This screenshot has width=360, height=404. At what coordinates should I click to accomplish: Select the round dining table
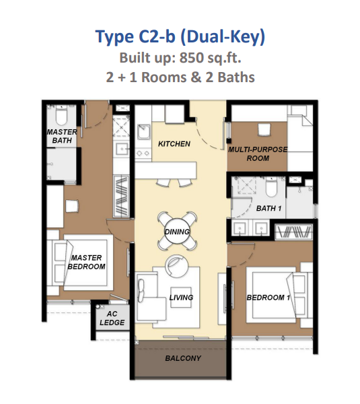click(x=177, y=231)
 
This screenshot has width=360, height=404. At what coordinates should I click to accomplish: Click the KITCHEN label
click(x=174, y=144)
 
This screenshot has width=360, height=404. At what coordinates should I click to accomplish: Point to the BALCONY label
click(x=183, y=358)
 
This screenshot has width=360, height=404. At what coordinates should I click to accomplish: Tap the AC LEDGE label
click(x=112, y=318)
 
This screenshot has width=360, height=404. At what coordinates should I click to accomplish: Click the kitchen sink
click(x=144, y=132)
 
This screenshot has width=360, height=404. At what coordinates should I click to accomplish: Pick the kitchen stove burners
click(x=143, y=154)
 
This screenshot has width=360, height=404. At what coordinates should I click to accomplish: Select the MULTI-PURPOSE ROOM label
click(x=258, y=154)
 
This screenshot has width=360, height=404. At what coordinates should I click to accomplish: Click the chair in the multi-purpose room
click(x=264, y=129)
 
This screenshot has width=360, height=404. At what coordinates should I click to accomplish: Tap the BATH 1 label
click(x=269, y=208)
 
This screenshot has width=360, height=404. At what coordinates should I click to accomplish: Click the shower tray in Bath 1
click(x=246, y=185)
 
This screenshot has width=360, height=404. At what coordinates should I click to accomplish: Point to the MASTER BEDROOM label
click(x=87, y=262)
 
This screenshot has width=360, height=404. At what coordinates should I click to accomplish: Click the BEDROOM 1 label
click(x=268, y=298)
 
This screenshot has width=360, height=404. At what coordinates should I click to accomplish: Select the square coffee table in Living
click(x=181, y=297)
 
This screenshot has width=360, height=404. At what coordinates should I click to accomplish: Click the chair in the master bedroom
click(x=72, y=206)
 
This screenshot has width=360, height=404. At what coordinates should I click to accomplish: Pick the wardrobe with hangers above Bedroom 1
click(x=293, y=232)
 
